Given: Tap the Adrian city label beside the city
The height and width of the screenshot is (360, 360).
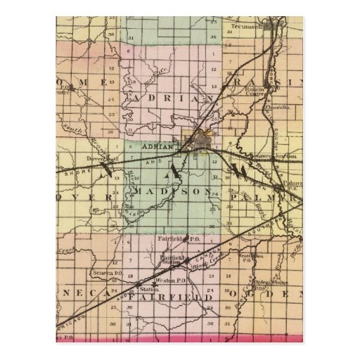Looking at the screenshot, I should coord(157,146).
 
